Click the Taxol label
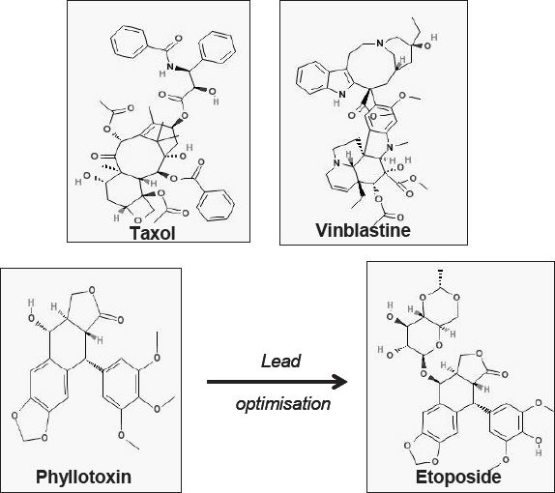(152, 233)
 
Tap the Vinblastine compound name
(363, 230)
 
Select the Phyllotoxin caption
(83, 478)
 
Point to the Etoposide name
(458, 477)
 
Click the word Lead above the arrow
(281, 361)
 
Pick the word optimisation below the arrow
(282, 404)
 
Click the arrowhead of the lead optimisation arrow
(340, 382)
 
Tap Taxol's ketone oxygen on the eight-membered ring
(94, 156)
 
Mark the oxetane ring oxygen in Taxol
(138, 221)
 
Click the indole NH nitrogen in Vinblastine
(341, 95)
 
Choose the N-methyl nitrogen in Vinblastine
(390, 147)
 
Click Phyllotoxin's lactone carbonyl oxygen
(120, 320)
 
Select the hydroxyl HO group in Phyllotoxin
(31, 311)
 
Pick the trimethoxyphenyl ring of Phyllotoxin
(120, 385)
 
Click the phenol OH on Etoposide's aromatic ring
(539, 446)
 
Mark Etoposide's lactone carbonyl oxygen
(505, 374)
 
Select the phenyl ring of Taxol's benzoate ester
(216, 205)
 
